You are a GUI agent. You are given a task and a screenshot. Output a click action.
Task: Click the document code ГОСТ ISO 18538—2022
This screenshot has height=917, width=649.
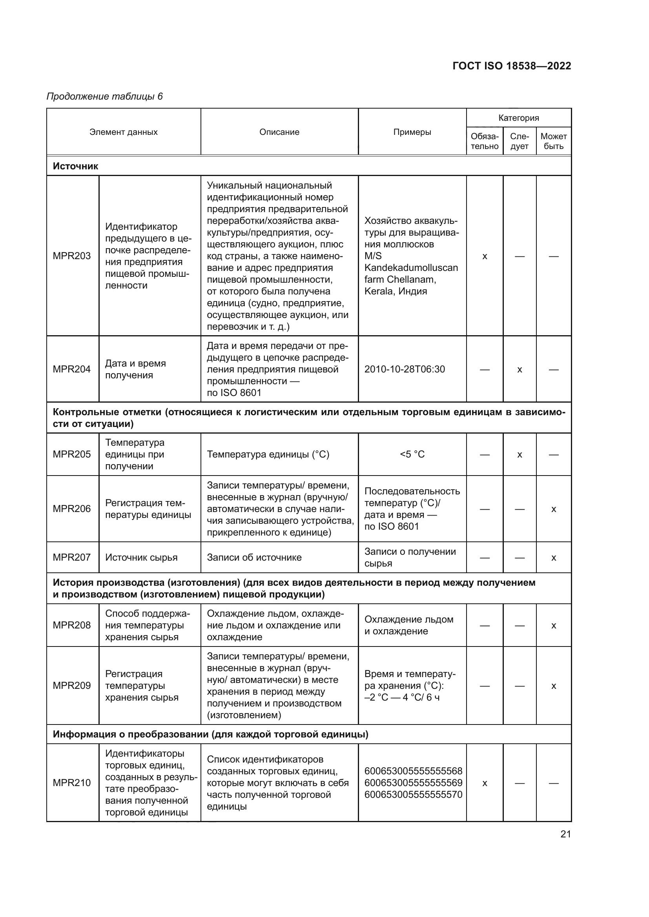pyautogui.click(x=512, y=66)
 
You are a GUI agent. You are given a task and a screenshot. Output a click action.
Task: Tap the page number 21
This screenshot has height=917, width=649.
pyautogui.click(x=565, y=834)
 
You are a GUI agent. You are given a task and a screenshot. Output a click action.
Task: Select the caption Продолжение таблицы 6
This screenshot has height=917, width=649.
pyautogui.click(x=105, y=96)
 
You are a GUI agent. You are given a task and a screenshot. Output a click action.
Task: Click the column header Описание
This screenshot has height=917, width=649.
pyautogui.click(x=279, y=132)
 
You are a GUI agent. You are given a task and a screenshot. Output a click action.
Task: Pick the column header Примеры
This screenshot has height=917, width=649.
pyautogui.click(x=412, y=132)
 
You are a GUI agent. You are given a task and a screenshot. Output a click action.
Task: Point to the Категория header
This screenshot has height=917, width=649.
pyautogui.click(x=518, y=118)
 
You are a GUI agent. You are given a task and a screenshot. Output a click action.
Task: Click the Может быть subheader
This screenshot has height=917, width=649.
pyautogui.click(x=554, y=142)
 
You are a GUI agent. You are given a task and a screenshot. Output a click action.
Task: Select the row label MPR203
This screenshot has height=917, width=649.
pyautogui.click(x=72, y=256)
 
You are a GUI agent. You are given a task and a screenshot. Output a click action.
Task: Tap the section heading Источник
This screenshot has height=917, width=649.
pyautogui.click(x=75, y=166)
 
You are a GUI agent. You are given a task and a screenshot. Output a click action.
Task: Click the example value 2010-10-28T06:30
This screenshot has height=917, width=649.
pyautogui.click(x=405, y=369)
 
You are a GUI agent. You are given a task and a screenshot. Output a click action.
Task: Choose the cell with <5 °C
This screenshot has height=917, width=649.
pyautogui.click(x=412, y=454)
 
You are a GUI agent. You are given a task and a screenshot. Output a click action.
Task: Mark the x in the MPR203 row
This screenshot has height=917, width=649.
pyautogui.click(x=485, y=256)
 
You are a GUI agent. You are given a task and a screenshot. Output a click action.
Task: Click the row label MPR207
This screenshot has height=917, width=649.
pyautogui.click(x=72, y=557)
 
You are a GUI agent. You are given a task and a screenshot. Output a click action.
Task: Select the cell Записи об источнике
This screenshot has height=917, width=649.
pyautogui.click(x=254, y=557)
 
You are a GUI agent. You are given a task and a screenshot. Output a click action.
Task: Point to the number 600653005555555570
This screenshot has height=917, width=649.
pyautogui.click(x=413, y=794)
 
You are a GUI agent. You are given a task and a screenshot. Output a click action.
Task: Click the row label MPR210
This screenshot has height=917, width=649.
pyautogui.click(x=72, y=783)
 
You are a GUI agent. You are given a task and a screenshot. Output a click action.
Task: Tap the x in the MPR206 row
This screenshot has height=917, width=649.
pyautogui.click(x=554, y=509)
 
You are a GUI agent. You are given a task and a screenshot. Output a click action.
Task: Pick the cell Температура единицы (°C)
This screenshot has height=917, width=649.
pyautogui.click(x=268, y=454)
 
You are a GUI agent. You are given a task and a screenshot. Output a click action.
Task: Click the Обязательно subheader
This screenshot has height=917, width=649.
pyautogui.click(x=484, y=142)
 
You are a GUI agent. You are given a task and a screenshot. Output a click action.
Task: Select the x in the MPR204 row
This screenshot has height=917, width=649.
pyautogui.click(x=520, y=370)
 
